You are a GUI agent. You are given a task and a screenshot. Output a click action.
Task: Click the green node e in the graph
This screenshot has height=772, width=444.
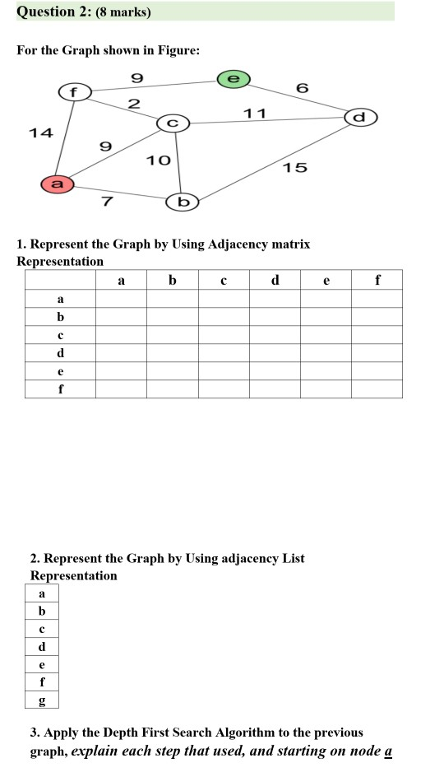(234, 78)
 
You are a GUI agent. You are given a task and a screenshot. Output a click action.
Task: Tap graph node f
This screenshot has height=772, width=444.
(73, 91)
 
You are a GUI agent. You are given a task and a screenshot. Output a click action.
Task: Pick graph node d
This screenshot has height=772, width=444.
(358, 117)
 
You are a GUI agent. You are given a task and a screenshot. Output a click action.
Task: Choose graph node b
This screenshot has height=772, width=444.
(183, 202)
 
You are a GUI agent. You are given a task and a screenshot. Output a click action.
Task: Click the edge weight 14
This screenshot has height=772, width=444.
(39, 133)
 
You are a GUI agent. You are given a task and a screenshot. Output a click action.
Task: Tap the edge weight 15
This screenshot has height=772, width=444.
(294, 168)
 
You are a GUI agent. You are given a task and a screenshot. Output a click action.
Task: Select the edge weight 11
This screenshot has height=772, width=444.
(255, 113)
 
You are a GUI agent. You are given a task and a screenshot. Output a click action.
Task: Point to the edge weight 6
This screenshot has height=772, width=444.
(302, 87)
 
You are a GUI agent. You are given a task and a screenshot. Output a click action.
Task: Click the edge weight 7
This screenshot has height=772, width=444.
(107, 202)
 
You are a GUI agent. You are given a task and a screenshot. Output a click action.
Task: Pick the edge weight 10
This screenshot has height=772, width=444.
(158, 160)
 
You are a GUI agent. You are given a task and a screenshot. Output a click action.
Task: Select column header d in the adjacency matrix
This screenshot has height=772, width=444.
(275, 281)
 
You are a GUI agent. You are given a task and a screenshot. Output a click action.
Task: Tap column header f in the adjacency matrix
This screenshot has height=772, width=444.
(377, 281)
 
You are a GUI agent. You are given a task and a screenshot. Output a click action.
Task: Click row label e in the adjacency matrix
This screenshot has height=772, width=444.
(60, 371)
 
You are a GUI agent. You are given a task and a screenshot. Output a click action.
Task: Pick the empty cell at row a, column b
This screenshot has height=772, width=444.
(173, 300)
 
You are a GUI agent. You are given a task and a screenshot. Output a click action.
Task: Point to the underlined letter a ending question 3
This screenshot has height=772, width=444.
(387, 751)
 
